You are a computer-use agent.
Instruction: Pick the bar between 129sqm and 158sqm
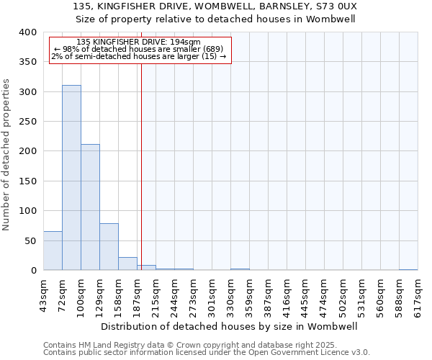click(x=109, y=247)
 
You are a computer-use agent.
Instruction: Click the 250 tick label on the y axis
click(x=27, y=122)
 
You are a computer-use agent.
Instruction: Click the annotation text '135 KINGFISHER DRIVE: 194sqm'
click(x=138, y=42)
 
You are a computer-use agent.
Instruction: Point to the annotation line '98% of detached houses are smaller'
click(x=138, y=49)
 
